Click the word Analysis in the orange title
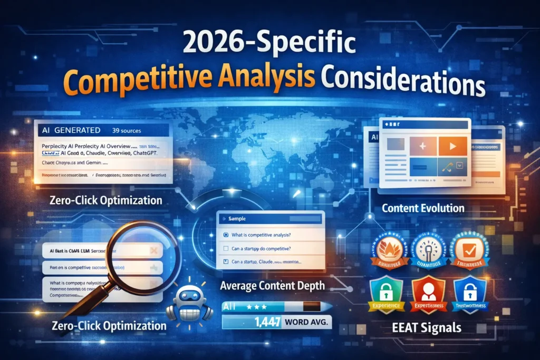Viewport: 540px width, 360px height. point(258,84)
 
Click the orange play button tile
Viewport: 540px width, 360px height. point(452,146)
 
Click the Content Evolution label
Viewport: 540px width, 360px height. point(423,208)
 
